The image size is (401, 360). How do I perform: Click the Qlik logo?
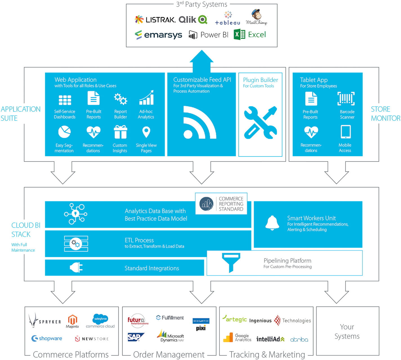[x=193, y=20]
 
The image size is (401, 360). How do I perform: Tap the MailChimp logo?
[x=256, y=17]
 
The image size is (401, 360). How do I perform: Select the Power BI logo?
[x=209, y=35]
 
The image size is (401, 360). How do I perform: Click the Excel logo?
[x=250, y=35]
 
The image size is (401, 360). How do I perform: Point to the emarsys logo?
[x=158, y=35]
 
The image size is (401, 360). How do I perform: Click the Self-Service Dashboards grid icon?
[x=65, y=100]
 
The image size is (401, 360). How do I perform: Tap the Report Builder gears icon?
[x=120, y=99]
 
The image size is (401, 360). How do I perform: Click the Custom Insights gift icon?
[x=120, y=132]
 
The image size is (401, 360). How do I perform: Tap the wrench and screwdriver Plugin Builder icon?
[x=261, y=122]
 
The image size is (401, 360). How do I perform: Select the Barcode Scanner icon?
[x=346, y=99]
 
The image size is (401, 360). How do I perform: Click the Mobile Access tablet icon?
[x=346, y=132]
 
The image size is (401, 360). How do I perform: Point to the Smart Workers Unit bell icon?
[x=272, y=223]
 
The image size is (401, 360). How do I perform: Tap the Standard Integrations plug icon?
[x=77, y=268]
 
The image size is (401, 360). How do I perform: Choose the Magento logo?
[x=72, y=321]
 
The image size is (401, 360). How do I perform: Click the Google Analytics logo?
[x=238, y=337]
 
